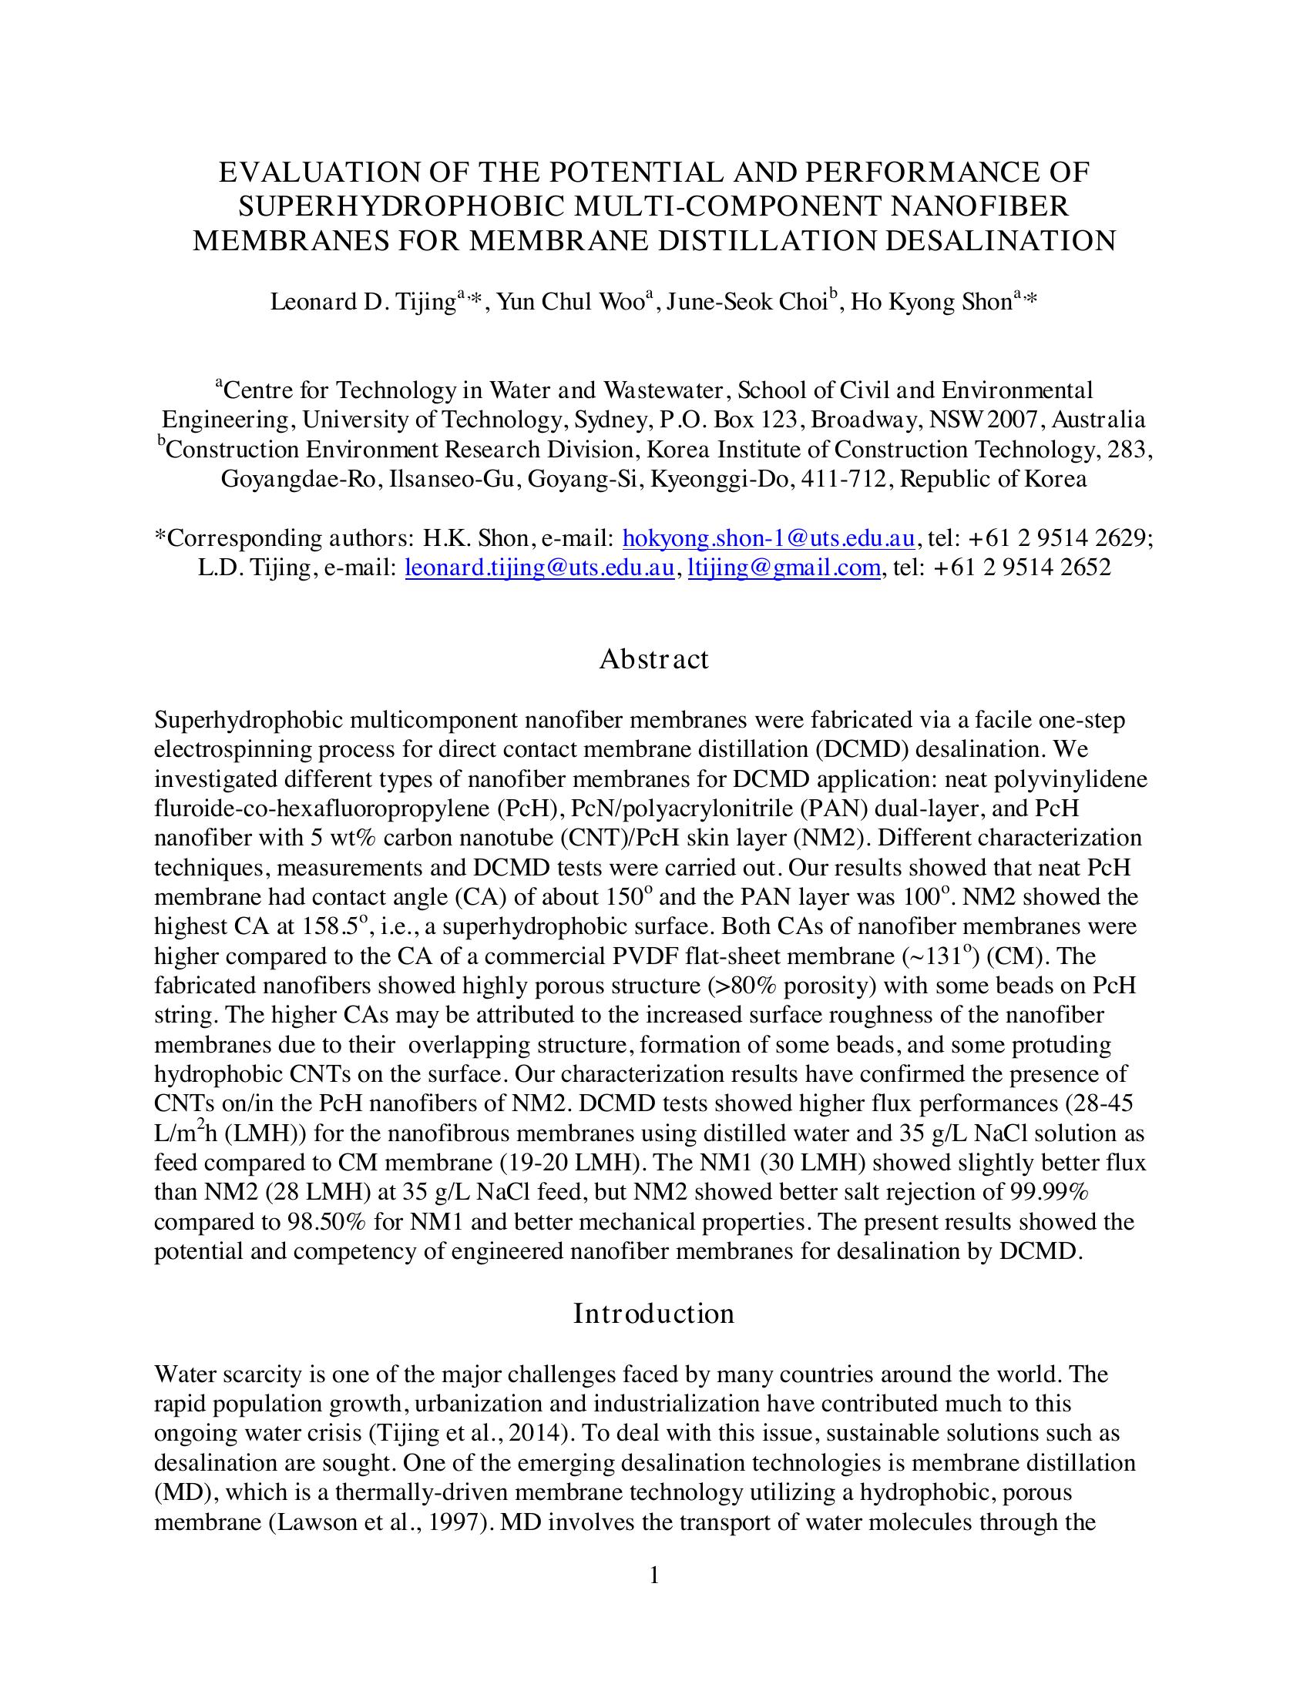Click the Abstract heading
point(653,659)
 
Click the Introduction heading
point(653,1314)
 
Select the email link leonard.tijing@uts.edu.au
point(539,567)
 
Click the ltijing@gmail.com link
point(784,567)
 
